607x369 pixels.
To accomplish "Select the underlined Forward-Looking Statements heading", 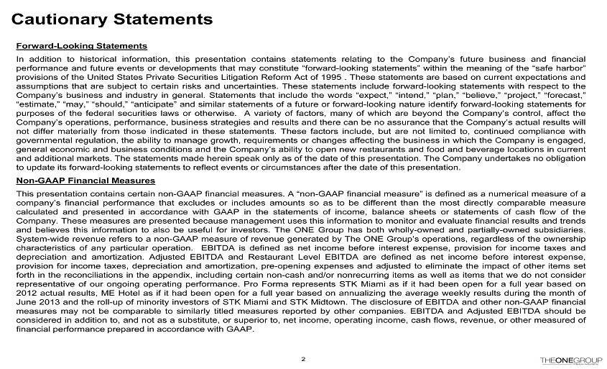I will click(x=81, y=46).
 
